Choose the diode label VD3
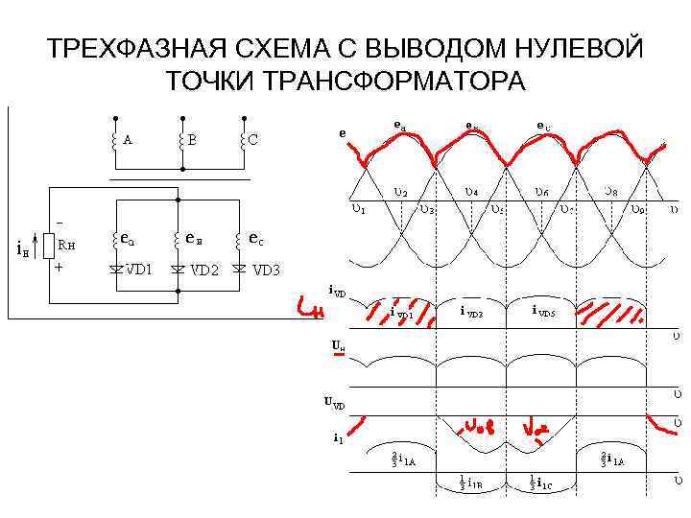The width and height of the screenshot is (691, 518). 266,270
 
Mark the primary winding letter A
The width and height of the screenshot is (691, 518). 128,139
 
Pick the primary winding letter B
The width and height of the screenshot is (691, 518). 192,139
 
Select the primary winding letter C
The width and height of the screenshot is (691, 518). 252,139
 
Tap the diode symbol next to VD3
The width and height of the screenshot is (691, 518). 239,269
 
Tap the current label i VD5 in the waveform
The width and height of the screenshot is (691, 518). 543,311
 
